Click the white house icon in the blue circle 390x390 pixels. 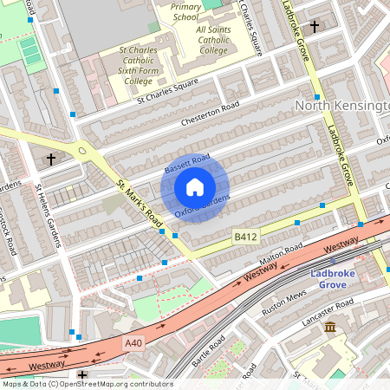[195, 186]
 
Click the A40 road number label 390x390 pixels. [133, 344]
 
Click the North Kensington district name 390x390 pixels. [342, 105]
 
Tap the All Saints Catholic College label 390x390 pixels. [203, 40]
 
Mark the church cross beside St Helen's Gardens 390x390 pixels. [52, 159]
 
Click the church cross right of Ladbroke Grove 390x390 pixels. [314, 27]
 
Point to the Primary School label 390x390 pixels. [186, 11]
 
